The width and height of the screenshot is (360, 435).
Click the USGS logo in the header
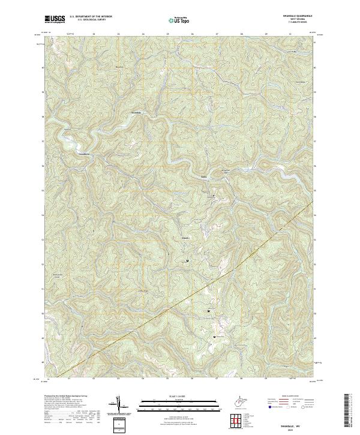[x=55, y=19]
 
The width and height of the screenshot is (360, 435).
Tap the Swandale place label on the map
[x=136, y=112]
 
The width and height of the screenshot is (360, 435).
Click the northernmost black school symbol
[x=187, y=261]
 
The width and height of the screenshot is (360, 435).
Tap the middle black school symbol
[x=208, y=311]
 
